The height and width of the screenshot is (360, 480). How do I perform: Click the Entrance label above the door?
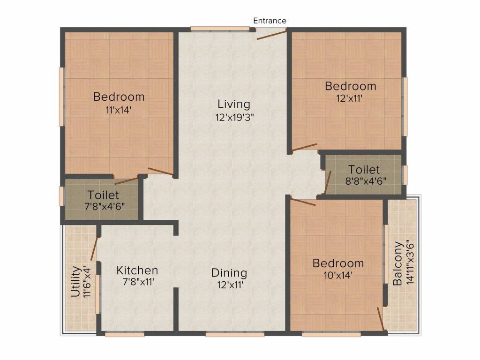pyautogui.click(x=270, y=21)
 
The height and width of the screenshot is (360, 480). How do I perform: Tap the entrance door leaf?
pyautogui.click(x=271, y=35)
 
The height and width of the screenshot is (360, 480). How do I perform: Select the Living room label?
pyautogui.click(x=234, y=105)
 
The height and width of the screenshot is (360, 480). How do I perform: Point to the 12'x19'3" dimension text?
pyautogui.click(x=235, y=117)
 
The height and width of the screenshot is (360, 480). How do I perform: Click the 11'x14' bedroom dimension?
pyautogui.click(x=119, y=110)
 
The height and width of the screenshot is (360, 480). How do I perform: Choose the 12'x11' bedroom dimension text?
pyautogui.click(x=350, y=98)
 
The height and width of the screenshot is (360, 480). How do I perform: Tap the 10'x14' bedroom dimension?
pyautogui.click(x=338, y=276)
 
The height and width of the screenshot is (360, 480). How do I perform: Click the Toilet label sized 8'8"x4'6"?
pyautogui.click(x=364, y=170)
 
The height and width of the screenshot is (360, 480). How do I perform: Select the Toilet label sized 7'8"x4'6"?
pyautogui.click(x=103, y=195)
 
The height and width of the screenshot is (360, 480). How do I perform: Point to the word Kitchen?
pyautogui.click(x=137, y=270)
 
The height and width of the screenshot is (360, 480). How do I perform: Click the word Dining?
pyautogui.click(x=229, y=273)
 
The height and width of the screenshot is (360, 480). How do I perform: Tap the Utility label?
pyautogui.click(x=76, y=282)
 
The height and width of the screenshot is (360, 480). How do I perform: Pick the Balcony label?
pyautogui.click(x=397, y=263)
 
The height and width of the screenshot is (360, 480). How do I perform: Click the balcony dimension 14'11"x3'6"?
pyautogui.click(x=410, y=262)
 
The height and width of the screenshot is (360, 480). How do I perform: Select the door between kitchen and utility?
pyautogui.click(x=94, y=248)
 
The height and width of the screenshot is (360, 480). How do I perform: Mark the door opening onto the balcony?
pyautogui.click(x=381, y=319)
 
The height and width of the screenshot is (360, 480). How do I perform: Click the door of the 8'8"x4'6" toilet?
pyautogui.click(x=328, y=182)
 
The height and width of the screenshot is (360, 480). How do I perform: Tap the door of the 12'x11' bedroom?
pyautogui.click(x=305, y=147)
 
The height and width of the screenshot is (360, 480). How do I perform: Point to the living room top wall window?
pyautogui.click(x=220, y=29)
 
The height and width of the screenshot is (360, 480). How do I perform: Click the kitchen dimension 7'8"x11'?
pyautogui.click(x=138, y=282)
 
